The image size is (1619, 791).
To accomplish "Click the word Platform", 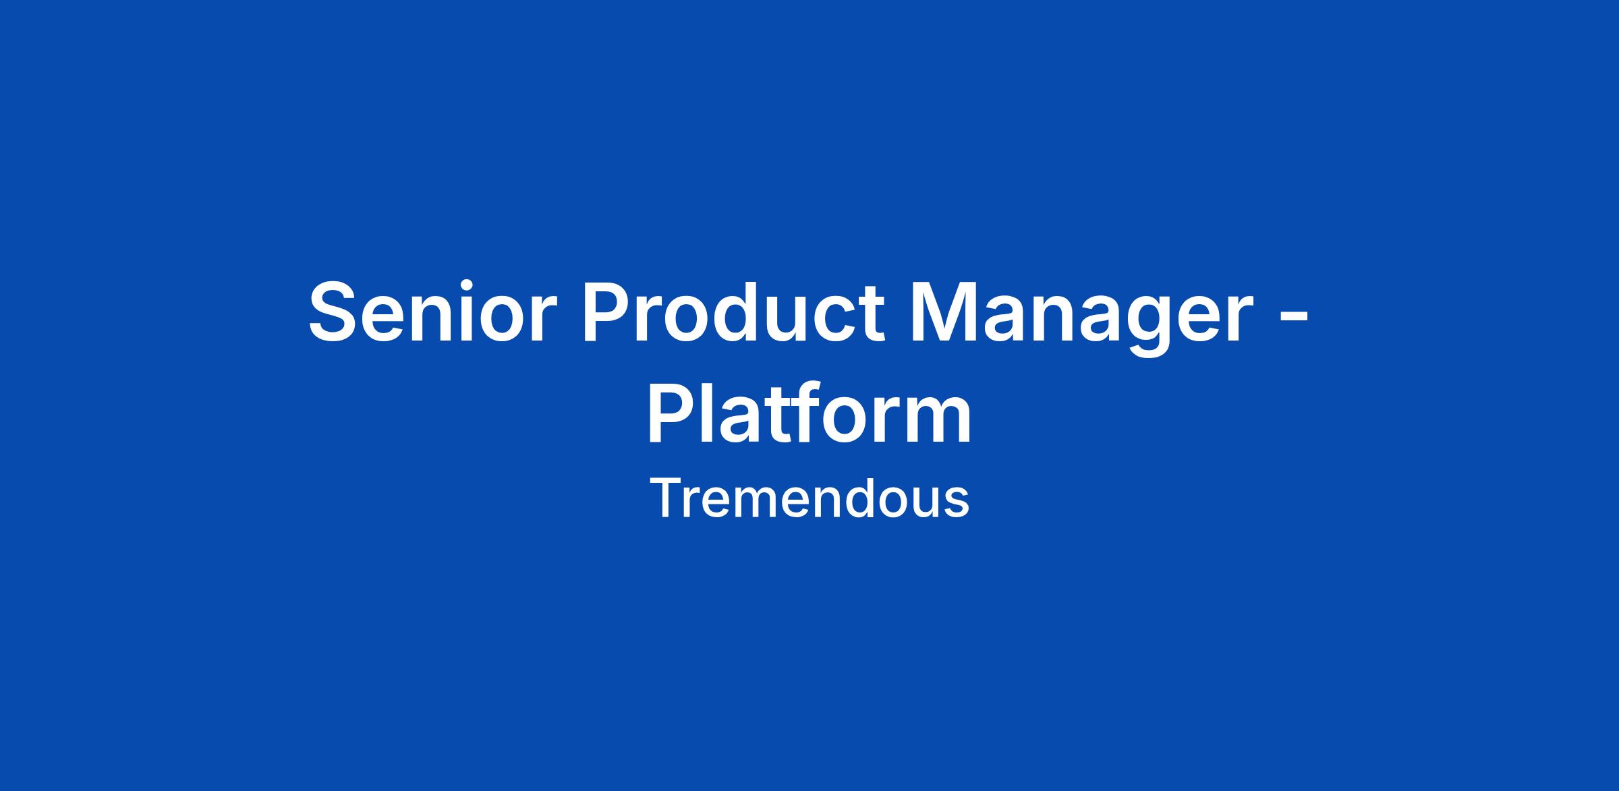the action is (809, 411).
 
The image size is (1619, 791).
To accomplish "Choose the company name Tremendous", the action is (809, 498).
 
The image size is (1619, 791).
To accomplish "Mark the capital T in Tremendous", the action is (666, 498).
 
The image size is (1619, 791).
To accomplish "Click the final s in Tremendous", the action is (957, 503).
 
